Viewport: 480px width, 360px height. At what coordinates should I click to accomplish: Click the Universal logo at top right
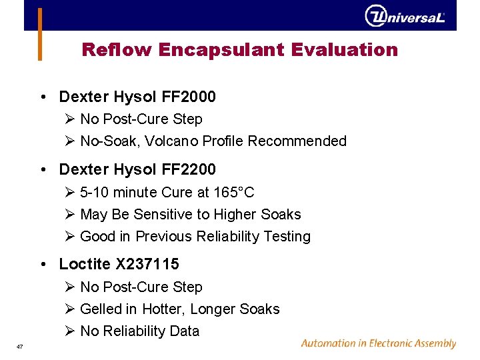point(404,16)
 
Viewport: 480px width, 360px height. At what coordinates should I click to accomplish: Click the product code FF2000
point(189,97)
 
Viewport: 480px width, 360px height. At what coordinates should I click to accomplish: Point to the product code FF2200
point(189,170)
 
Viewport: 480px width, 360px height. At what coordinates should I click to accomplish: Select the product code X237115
point(147,265)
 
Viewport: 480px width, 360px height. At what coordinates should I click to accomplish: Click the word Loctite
point(85,265)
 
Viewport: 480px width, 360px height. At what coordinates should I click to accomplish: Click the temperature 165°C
point(234,193)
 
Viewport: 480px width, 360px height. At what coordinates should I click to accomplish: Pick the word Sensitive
point(165,215)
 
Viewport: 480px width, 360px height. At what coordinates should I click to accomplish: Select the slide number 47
point(20,345)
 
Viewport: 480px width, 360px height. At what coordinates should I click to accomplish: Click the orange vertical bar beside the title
point(40,34)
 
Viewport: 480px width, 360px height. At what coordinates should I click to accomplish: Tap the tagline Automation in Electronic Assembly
point(378,344)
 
